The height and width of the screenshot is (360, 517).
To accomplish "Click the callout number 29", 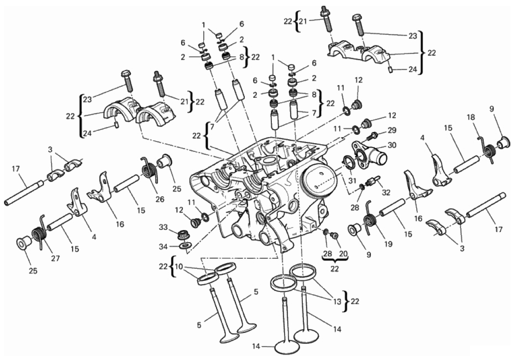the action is point(392,130).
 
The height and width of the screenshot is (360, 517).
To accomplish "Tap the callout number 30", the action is point(392,145).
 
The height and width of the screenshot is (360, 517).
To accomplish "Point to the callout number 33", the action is point(163,227).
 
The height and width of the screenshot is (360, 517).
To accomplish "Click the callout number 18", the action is point(471,117).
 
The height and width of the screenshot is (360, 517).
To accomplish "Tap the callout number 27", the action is point(55,258).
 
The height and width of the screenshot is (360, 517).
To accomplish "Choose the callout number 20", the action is point(343,254).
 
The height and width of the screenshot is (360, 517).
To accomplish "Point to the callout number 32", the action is point(385,192).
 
